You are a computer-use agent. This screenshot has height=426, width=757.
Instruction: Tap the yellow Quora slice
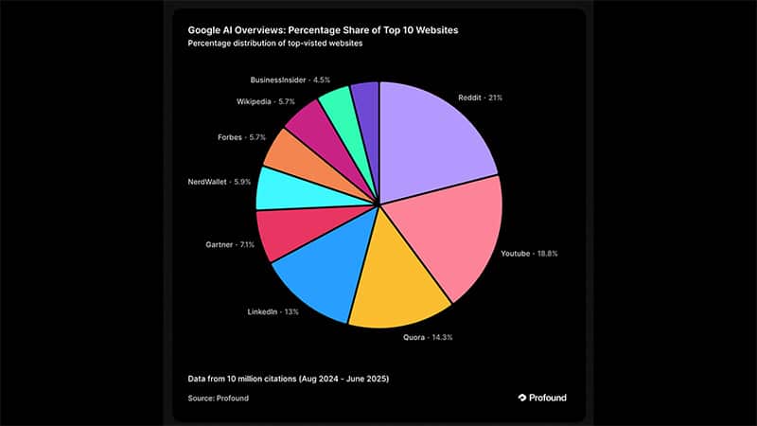pyautogui.click(x=393, y=284)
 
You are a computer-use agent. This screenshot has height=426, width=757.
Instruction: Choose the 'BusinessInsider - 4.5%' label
pyautogui.click(x=290, y=80)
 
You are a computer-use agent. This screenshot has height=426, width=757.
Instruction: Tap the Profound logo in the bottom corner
pyautogui.click(x=542, y=398)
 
